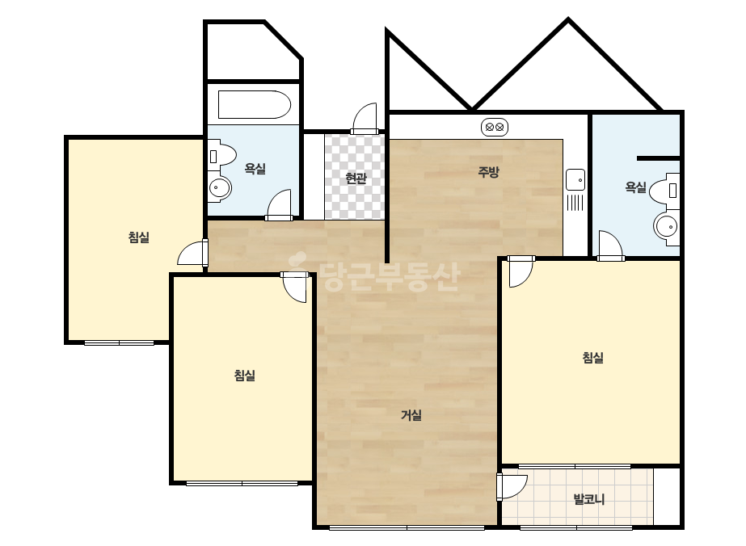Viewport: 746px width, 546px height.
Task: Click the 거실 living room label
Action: (411, 415)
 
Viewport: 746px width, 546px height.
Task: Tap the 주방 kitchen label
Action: (488, 172)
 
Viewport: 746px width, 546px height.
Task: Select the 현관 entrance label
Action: (356, 178)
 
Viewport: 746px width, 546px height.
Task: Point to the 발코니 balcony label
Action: (589, 499)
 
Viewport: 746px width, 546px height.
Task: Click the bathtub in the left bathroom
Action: (254, 105)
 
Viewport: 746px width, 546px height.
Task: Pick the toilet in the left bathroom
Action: (221, 156)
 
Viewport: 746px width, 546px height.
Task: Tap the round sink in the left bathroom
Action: (219, 187)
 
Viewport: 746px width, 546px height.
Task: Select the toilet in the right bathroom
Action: (664, 190)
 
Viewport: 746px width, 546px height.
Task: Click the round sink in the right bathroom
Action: (666, 227)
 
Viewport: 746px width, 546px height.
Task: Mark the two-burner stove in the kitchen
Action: (495, 128)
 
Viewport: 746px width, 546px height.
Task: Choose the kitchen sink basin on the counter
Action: (575, 179)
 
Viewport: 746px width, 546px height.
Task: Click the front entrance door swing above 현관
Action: (365, 119)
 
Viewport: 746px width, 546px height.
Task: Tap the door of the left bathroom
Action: (280, 205)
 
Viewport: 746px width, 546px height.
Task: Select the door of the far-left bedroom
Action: (192, 253)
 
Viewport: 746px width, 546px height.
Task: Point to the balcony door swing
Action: (512, 486)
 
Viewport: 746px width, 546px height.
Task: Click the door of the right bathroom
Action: (611, 246)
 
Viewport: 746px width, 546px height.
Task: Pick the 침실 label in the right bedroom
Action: (592, 357)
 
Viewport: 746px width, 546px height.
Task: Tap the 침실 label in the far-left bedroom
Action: (139, 237)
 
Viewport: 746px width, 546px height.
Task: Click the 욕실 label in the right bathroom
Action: (635, 187)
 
